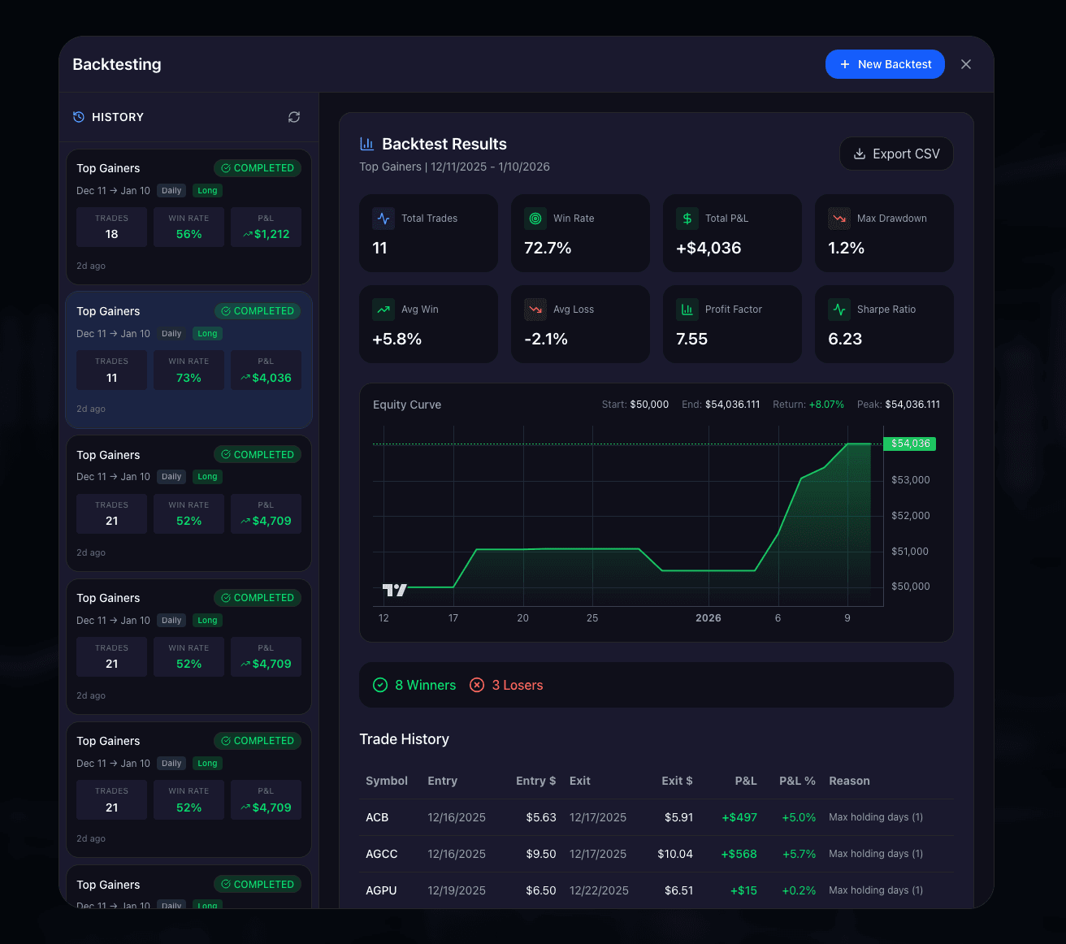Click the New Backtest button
[885, 64]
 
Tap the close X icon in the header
[965, 64]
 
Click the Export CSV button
[896, 154]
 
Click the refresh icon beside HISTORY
[294, 117]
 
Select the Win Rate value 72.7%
[548, 248]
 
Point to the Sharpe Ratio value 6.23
[845, 339]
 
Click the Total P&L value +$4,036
[708, 248]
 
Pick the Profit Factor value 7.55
[691, 339]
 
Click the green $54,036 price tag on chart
[909, 444]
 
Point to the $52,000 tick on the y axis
[910, 516]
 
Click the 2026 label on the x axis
[708, 618]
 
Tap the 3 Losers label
[517, 685]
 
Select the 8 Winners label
[425, 685]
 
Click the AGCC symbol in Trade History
[381, 854]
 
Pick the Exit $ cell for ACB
[678, 817]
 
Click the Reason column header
[849, 781]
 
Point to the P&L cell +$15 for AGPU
[743, 890]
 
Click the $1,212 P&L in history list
[271, 234]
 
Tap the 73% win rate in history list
[188, 378]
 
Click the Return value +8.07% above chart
[826, 405]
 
